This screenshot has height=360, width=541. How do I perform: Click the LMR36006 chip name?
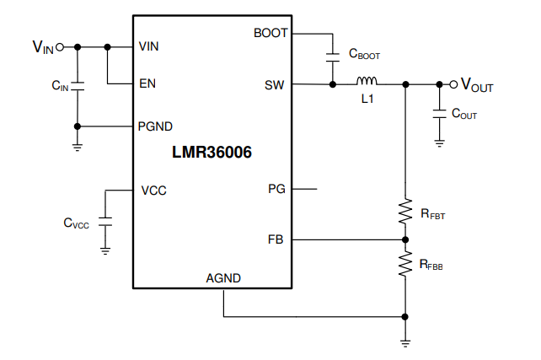tap(212, 153)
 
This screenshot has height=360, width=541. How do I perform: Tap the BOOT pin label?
tap(270, 34)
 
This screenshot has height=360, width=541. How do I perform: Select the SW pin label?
tap(274, 84)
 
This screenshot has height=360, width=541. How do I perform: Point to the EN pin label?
tap(147, 84)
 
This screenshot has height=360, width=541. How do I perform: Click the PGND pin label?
tap(155, 126)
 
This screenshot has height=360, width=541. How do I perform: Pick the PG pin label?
tap(276, 190)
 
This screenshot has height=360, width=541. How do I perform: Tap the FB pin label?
tap(276, 240)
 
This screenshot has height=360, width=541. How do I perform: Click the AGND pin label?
tap(223, 278)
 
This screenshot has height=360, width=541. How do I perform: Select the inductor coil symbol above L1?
tap(367, 82)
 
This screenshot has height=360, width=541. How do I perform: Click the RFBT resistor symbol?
tap(405, 212)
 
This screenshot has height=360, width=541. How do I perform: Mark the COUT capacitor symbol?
tap(439, 114)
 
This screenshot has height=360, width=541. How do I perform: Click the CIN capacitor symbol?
tap(78, 86)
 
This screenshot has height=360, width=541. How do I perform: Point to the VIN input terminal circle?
tap(60, 46)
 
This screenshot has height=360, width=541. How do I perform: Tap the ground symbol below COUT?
tap(439, 142)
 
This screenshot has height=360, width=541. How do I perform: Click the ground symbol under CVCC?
tap(105, 249)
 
